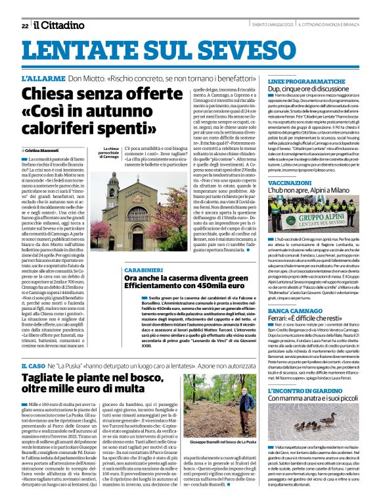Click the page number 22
pos(24,26)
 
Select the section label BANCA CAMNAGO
pos(294,309)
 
